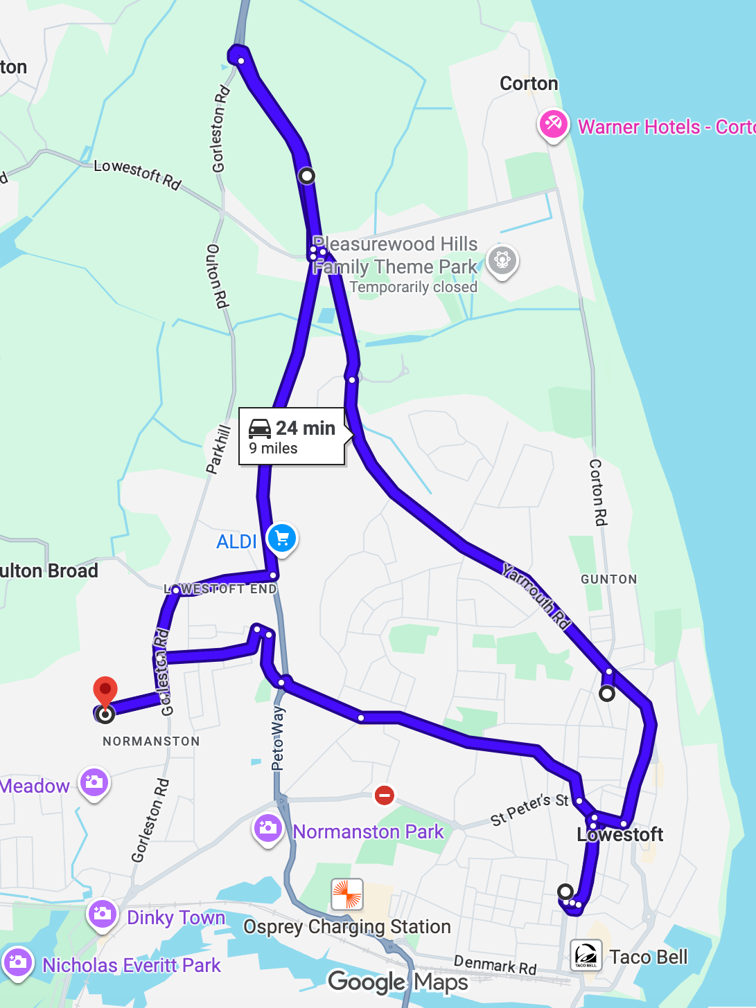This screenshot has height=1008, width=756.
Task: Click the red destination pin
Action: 105,691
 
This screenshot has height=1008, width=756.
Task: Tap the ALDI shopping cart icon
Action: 282,539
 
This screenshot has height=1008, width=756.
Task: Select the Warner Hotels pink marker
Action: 553,125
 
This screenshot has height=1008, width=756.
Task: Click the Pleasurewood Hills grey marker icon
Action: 502,260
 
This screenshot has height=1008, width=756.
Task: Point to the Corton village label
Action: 529,84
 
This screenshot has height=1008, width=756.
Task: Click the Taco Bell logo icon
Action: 586,956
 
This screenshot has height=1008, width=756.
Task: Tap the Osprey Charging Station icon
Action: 347,894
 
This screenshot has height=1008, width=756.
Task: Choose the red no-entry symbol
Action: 385,795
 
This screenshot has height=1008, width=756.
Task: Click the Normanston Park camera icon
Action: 267,828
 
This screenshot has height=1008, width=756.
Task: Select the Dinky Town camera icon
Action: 103,914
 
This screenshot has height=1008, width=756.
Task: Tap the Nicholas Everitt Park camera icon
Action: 18,962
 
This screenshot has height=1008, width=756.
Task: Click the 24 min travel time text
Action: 306,429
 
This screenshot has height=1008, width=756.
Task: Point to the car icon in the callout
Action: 260,429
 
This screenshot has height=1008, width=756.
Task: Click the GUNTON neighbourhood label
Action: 608,579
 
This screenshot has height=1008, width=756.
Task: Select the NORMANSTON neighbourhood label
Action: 151,741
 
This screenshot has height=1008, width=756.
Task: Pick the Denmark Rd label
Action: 495,964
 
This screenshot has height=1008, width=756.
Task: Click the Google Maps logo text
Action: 398,982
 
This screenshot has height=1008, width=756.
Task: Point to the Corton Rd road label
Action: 598,492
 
